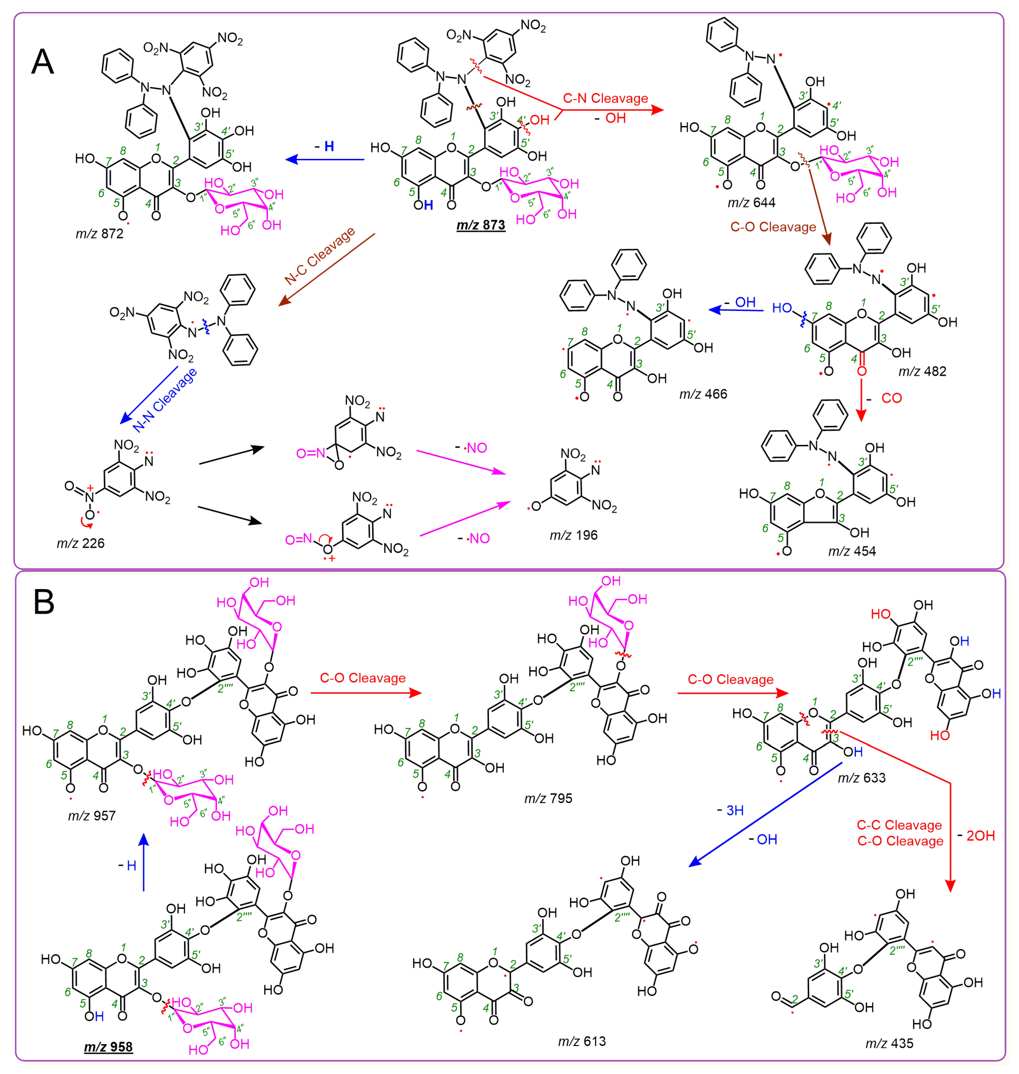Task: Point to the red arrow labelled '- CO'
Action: tap(861, 399)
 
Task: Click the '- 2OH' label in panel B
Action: tap(976, 835)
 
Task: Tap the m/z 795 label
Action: tap(548, 799)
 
